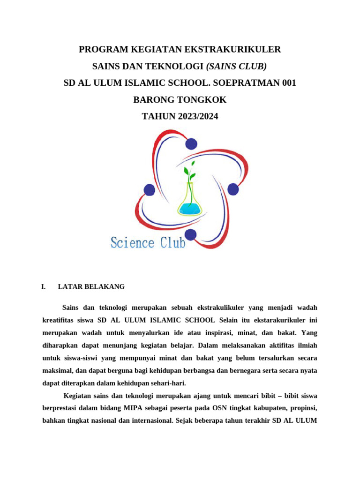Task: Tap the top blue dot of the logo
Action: [191, 143]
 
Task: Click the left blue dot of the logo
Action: [149, 190]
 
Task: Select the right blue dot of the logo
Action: [233, 189]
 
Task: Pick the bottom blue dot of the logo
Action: [190, 234]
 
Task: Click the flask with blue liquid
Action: [189, 202]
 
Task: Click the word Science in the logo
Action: [132, 243]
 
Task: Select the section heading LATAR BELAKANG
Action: [91, 286]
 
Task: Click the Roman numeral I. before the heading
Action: [44, 286]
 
